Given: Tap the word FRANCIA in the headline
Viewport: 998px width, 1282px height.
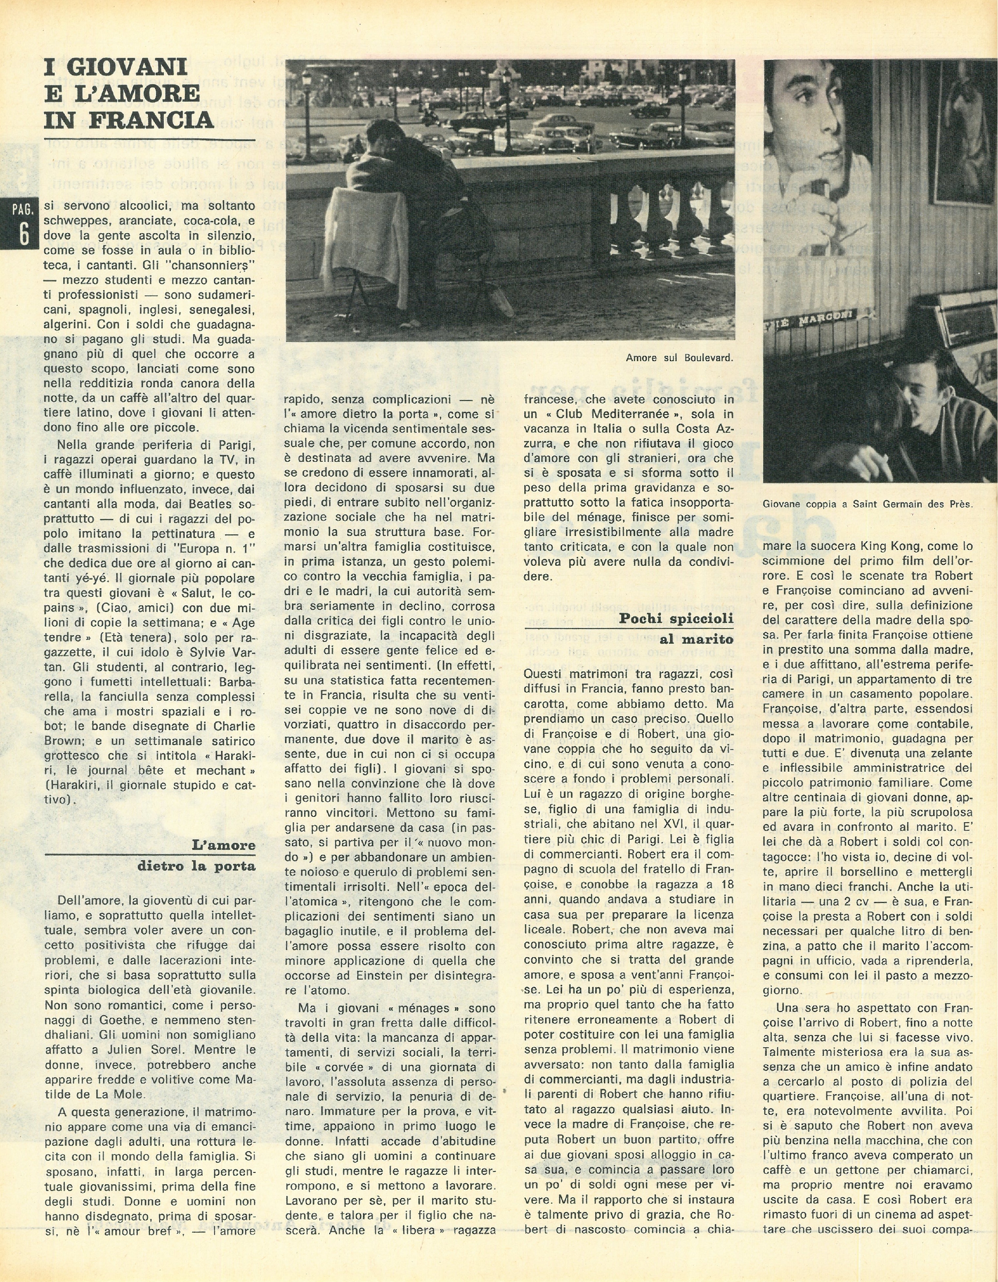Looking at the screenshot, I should [152, 120].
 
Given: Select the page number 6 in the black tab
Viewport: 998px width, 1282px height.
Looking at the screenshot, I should [24, 234].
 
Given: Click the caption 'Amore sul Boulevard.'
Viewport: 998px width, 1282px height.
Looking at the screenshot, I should [679, 357].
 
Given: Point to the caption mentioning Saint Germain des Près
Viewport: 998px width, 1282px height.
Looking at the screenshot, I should [868, 504].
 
